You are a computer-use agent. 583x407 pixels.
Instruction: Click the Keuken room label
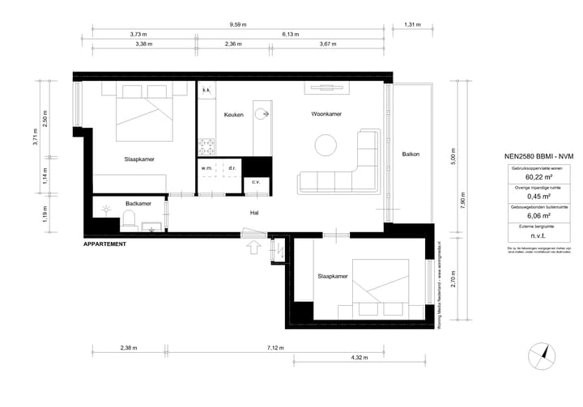coord(234,114)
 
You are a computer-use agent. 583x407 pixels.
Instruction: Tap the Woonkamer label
coord(326,114)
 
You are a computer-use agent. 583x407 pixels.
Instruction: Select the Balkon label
coord(411,155)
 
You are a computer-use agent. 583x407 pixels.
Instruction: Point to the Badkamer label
coord(138,203)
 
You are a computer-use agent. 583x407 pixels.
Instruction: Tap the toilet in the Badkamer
coord(128,218)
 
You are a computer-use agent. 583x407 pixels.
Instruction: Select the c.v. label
coord(256,182)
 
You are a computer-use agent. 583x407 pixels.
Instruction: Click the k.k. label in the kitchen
coord(206,90)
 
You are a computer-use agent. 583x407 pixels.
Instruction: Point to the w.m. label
coord(206,168)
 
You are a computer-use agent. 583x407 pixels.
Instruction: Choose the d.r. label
coord(232,168)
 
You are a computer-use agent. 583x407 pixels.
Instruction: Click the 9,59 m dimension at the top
coord(238,25)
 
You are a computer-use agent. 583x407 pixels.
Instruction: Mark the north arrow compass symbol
coord(542,355)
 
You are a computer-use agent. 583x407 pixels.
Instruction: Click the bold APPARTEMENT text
coord(105,244)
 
